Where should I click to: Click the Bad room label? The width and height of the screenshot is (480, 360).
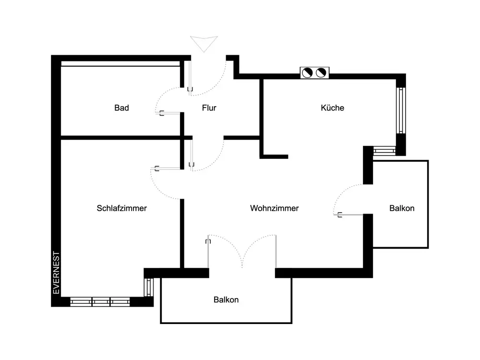tap(121, 108)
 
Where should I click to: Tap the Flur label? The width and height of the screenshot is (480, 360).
tap(209, 108)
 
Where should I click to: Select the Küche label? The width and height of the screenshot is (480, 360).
tap(333, 108)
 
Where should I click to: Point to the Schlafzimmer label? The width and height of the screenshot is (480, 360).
tap(121, 208)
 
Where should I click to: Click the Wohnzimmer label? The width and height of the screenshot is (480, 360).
tap(275, 208)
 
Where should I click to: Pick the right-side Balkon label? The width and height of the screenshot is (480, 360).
tap(402, 208)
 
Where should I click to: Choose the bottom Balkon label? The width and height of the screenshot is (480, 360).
tap(226, 300)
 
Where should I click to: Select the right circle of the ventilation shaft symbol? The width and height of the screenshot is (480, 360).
tap(322, 73)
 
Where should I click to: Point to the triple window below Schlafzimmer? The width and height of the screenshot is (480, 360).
tap(100, 302)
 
